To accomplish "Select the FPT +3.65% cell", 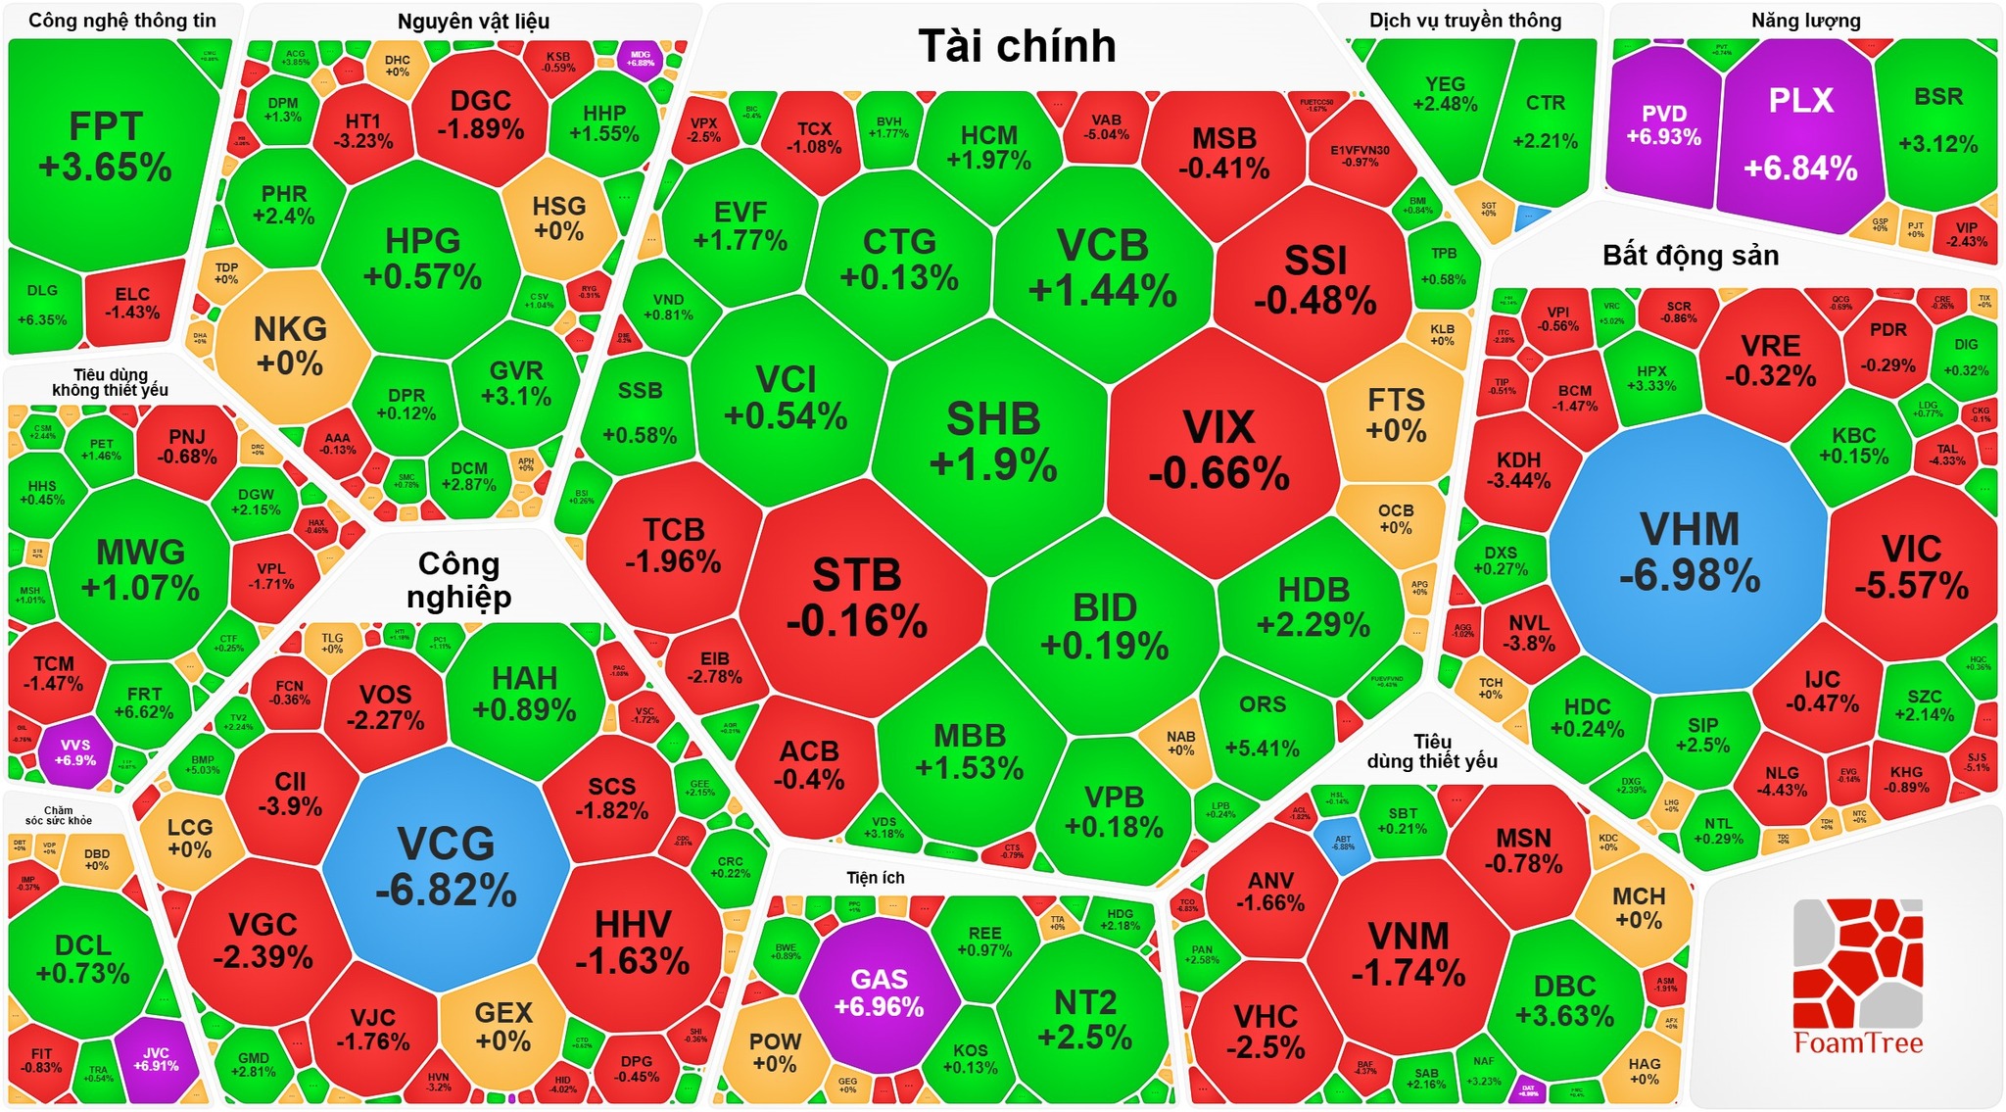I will click(106, 147).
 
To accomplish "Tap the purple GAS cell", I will click(879, 991).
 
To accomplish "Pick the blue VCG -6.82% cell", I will click(447, 867).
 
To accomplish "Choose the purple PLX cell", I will click(1800, 132).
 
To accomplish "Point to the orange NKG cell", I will click(290, 345).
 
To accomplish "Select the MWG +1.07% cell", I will click(140, 568).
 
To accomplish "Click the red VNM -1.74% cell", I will click(1409, 953).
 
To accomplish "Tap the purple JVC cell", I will click(156, 1059).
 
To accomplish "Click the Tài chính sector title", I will click(1017, 46).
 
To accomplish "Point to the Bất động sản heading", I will click(1691, 256).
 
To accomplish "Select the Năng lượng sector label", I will click(1805, 21).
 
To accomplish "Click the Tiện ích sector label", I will click(876, 878).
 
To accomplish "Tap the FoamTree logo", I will click(1857, 980).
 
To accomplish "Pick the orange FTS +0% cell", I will click(1396, 414).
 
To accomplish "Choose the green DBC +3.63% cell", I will click(1565, 999).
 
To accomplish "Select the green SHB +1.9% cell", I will click(993, 441).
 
